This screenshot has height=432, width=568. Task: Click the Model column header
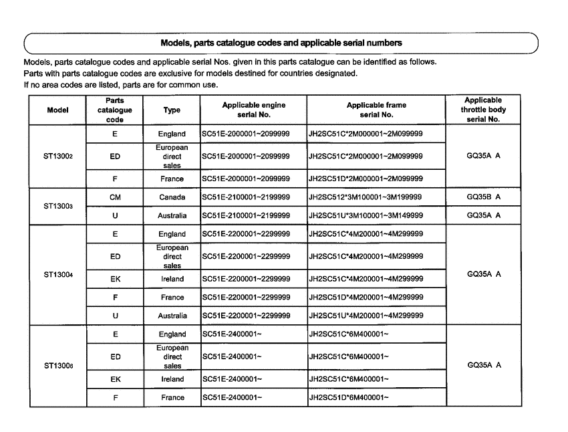(57, 110)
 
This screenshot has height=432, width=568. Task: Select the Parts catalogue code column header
(115, 110)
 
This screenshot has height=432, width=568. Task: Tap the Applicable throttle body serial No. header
(483, 110)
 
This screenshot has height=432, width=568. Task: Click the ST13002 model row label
(57, 157)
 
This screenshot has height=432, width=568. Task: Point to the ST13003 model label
(57, 206)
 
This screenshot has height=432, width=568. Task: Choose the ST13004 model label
(57, 274)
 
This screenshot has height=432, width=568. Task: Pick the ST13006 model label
(57, 365)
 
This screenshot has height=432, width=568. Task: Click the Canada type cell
(172, 198)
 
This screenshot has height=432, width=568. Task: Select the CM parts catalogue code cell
(115, 198)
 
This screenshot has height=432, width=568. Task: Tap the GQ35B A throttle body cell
(483, 198)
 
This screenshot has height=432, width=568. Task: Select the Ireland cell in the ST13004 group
(172, 278)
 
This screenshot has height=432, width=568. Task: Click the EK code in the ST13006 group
(115, 379)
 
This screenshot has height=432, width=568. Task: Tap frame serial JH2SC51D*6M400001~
(348, 398)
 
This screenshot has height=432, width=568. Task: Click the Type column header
(172, 110)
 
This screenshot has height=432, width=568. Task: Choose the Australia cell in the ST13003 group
(172, 215)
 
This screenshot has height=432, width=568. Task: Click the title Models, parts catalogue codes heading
(281, 43)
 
